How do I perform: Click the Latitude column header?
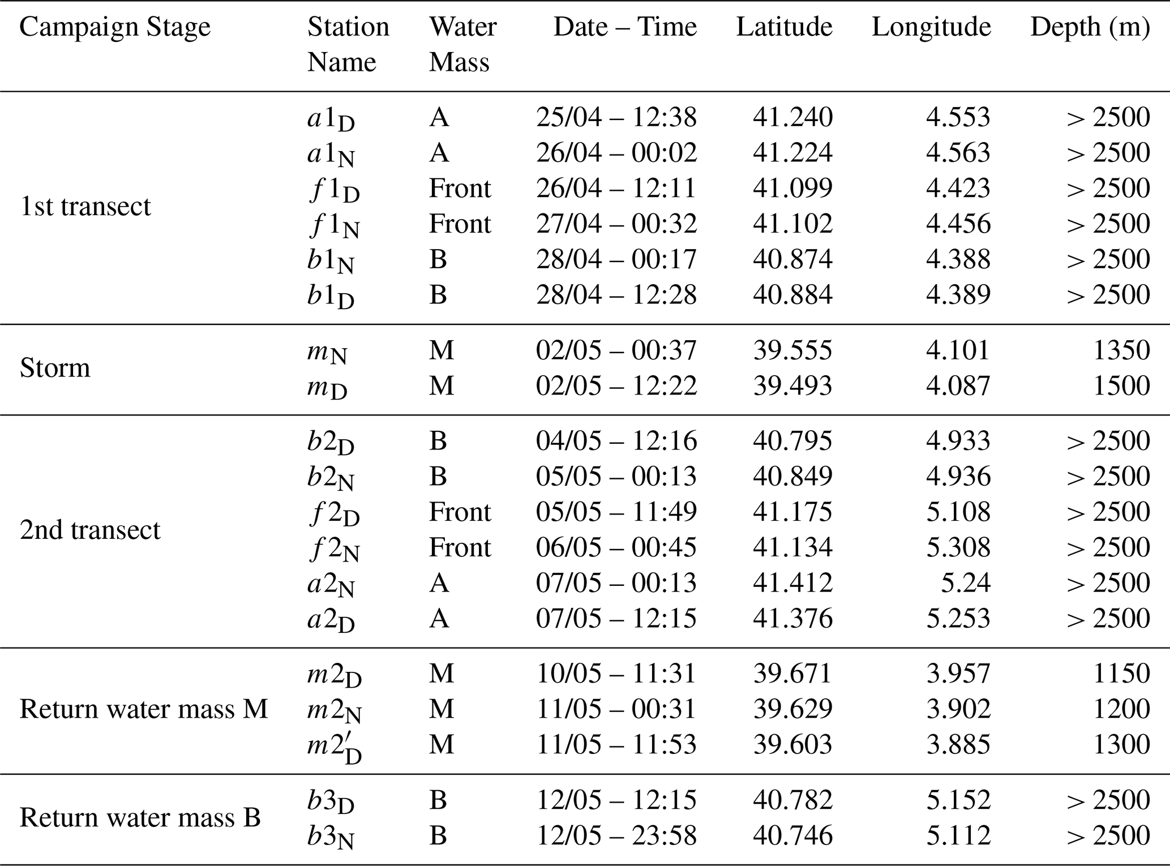click(x=784, y=27)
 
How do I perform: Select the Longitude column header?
click(x=931, y=27)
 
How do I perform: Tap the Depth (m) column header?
click(x=1090, y=27)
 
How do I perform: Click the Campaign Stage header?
click(x=115, y=27)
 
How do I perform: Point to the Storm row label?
click(x=55, y=368)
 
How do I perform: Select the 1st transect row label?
click(x=85, y=206)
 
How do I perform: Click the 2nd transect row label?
click(x=90, y=530)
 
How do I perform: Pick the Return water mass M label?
click(x=144, y=709)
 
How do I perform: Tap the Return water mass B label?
click(x=140, y=817)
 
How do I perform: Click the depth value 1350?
click(x=1121, y=350)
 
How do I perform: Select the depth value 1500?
click(x=1121, y=385)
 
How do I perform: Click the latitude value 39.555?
click(x=792, y=350)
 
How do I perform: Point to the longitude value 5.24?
click(x=966, y=583)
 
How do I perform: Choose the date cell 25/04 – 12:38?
click(x=616, y=117)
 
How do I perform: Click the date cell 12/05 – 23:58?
click(x=616, y=835)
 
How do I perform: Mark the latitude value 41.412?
click(x=792, y=583)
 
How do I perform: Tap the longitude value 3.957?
click(x=958, y=674)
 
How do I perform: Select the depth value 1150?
click(x=1121, y=674)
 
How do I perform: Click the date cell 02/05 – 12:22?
click(x=616, y=385)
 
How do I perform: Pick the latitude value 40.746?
click(x=792, y=835)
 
